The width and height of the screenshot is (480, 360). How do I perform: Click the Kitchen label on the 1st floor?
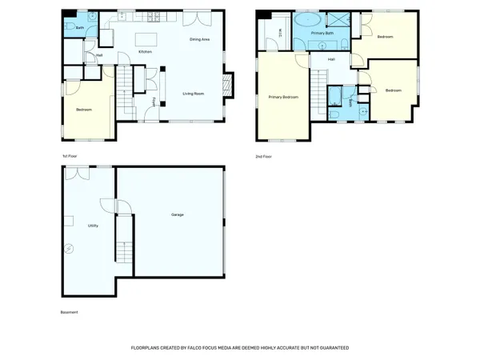click(146, 52)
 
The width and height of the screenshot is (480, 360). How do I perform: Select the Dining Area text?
click(199, 38)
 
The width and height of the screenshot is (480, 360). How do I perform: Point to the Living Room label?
click(194, 94)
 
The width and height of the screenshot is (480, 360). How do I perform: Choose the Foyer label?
click(154, 100)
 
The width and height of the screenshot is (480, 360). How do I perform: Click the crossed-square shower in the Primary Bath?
click(340, 21)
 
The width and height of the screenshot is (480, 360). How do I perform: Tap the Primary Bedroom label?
click(283, 97)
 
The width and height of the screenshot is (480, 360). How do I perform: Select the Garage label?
click(178, 215)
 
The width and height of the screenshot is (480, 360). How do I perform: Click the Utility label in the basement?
click(93, 226)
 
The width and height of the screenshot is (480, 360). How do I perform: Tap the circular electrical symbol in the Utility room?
click(70, 249)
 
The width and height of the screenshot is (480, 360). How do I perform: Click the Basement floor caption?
click(70, 312)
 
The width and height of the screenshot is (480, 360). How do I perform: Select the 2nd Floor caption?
click(263, 157)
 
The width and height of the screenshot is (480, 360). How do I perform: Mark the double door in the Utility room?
click(77, 172)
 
